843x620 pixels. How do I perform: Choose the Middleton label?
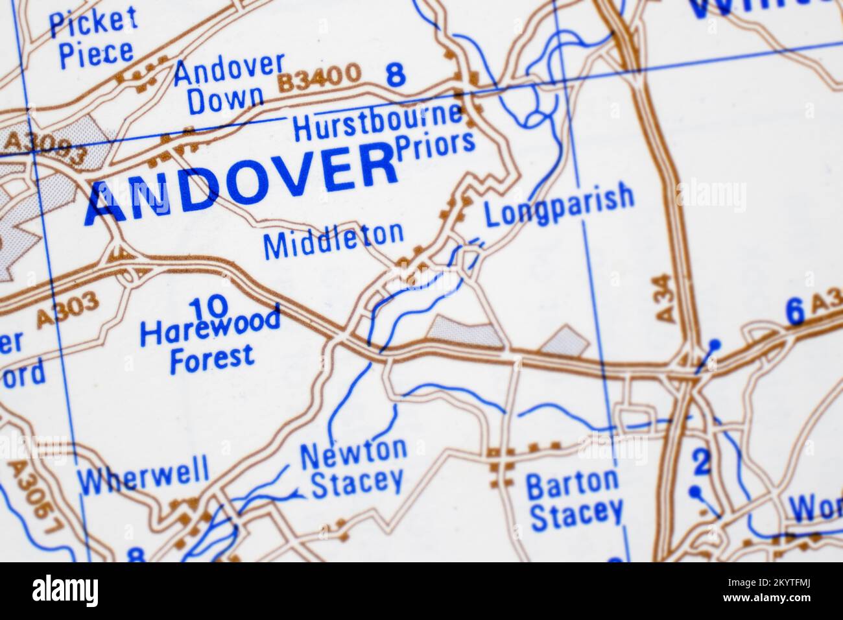point(333,241)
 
